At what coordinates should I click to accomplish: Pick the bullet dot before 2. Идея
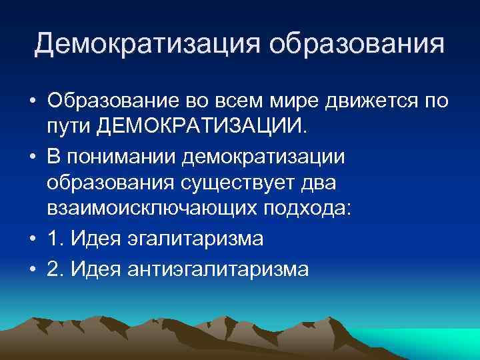(x=32, y=269)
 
